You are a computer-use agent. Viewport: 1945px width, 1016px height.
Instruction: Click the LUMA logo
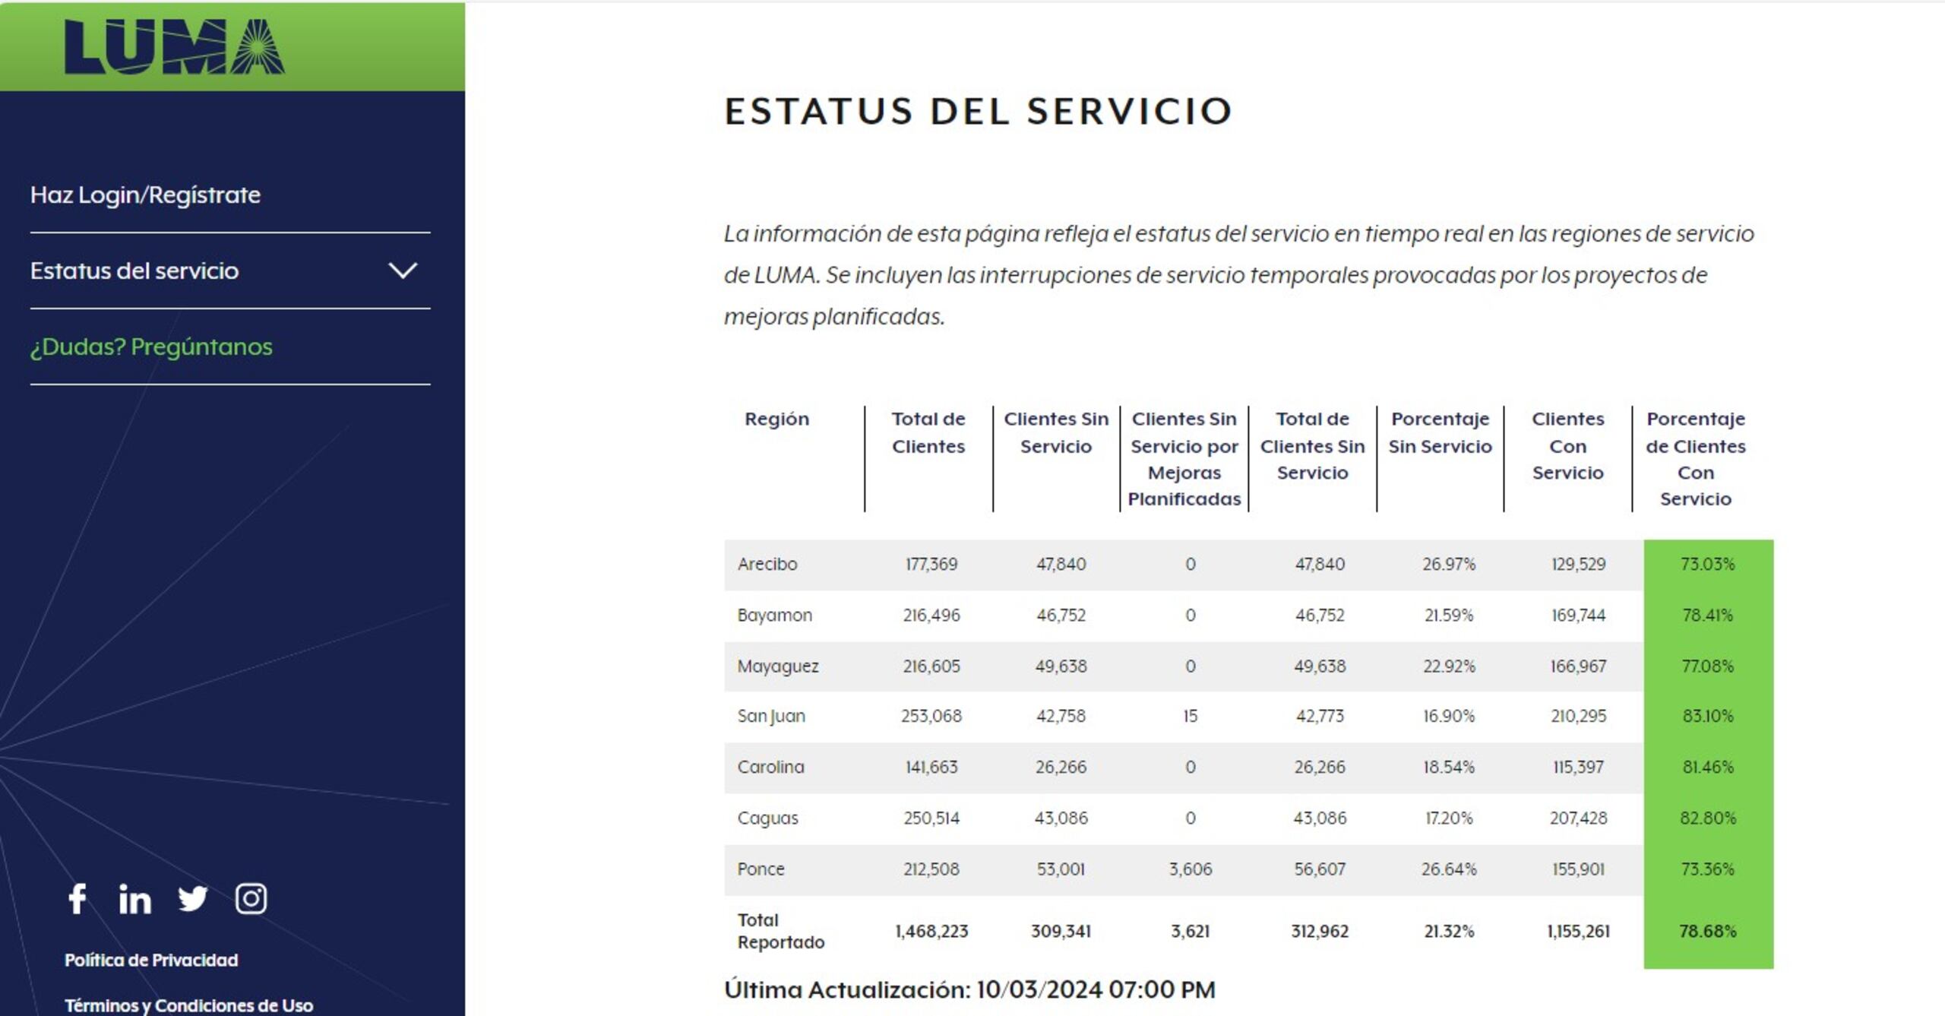(x=174, y=47)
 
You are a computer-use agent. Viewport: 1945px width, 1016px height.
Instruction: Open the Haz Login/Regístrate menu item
(x=145, y=195)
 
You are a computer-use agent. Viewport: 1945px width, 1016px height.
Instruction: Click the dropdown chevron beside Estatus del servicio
(x=403, y=271)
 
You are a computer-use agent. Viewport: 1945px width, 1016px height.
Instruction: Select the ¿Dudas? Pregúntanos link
(x=151, y=347)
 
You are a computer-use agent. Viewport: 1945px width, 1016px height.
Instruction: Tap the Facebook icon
(x=77, y=899)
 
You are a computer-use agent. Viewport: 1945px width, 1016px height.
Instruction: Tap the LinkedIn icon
(x=134, y=899)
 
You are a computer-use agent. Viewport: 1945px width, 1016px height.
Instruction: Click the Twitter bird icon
(x=192, y=899)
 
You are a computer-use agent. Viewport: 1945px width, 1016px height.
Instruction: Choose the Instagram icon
(x=251, y=899)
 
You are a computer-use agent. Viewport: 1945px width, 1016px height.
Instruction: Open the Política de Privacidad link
(x=151, y=960)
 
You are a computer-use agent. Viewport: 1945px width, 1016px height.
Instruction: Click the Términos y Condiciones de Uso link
(x=188, y=1005)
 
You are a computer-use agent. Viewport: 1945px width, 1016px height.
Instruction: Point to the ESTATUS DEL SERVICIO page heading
(x=978, y=111)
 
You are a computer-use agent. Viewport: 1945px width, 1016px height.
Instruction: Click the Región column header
(x=776, y=419)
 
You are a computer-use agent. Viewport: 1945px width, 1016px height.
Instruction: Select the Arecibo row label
(x=767, y=564)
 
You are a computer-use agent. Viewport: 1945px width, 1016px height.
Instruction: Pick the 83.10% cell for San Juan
(x=1707, y=716)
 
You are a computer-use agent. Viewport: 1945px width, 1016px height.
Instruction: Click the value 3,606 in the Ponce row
(x=1190, y=869)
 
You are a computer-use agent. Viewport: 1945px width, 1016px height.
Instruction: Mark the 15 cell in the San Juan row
(x=1190, y=716)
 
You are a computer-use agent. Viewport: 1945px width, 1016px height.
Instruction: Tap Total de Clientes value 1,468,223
(x=931, y=931)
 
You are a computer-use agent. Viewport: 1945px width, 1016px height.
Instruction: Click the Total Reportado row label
(x=780, y=931)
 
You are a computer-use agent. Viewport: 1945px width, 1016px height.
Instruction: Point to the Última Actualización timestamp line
(x=969, y=989)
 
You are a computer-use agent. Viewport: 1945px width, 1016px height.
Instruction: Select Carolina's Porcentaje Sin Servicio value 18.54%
(x=1448, y=767)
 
